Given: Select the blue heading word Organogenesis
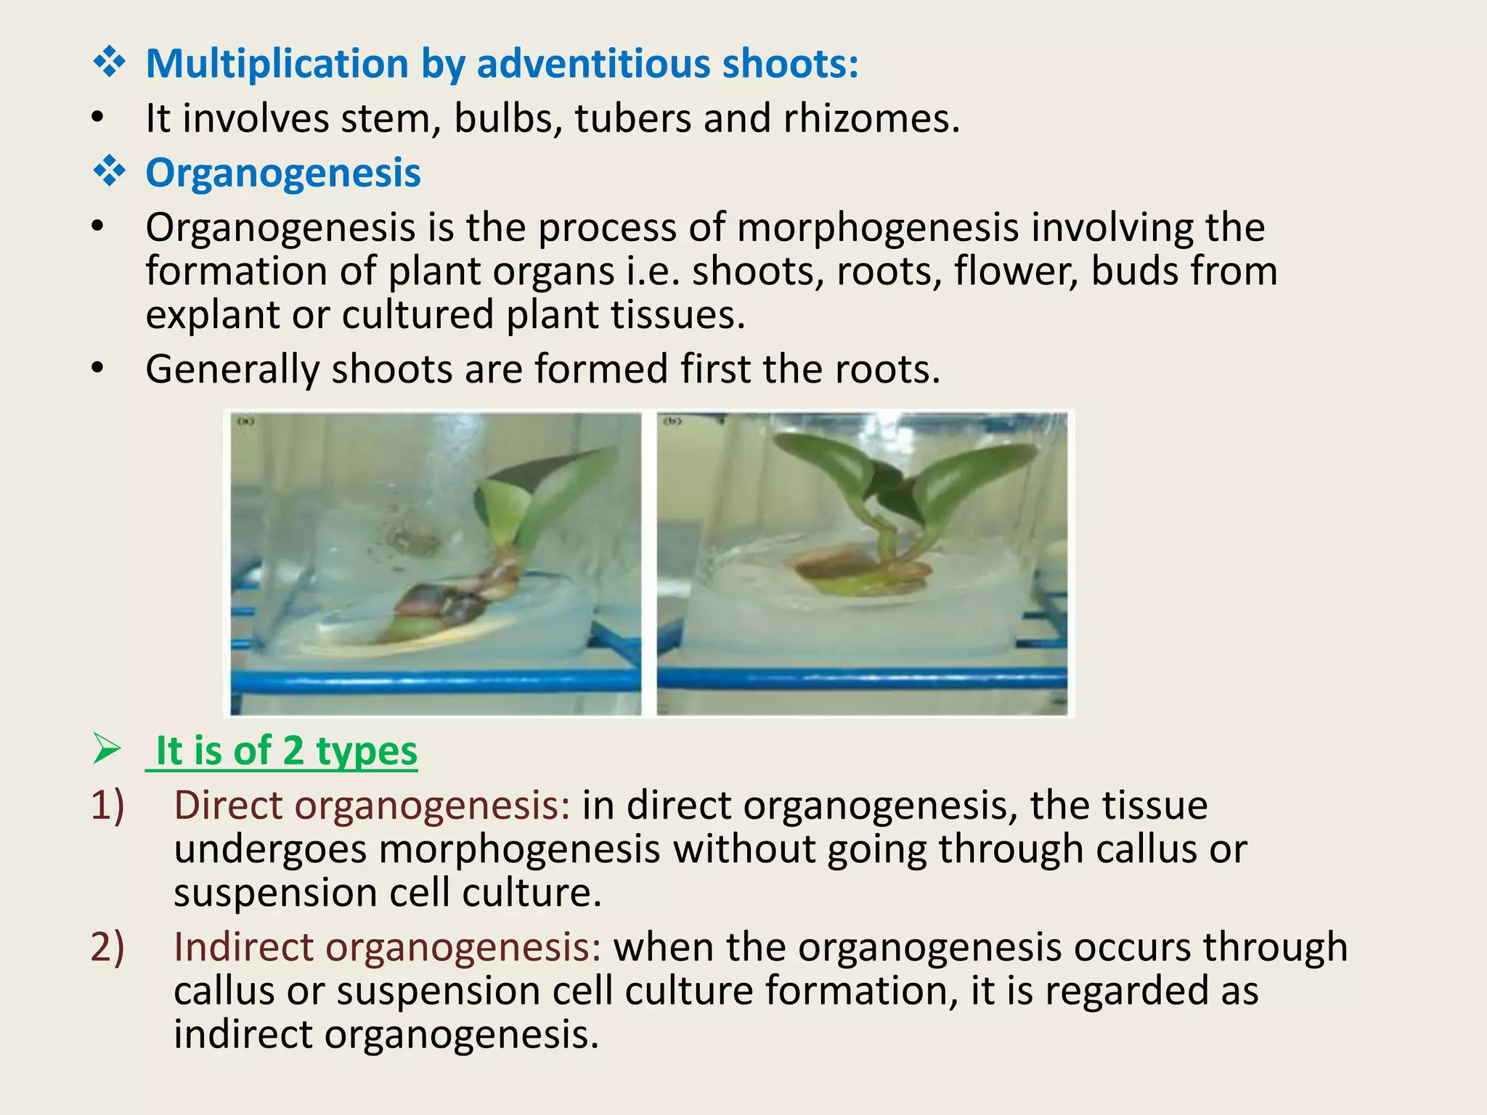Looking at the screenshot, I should [x=283, y=173].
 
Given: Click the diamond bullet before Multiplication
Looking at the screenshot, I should [x=109, y=63].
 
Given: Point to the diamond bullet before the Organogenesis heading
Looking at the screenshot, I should [x=109, y=173].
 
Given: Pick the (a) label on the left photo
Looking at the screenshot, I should [x=247, y=421].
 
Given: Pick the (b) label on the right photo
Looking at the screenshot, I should [x=673, y=421].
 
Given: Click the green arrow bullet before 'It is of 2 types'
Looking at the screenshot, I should [x=107, y=749].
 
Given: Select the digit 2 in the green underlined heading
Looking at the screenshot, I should [x=293, y=751].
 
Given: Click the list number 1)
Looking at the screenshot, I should [x=107, y=806].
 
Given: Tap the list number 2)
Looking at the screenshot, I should [x=107, y=947].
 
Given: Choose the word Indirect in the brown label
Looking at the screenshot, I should [x=243, y=947].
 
